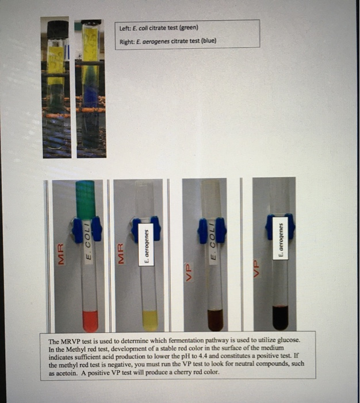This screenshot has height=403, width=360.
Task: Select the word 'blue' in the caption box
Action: click(x=206, y=41)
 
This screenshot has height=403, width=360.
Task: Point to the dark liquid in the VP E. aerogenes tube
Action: click(x=280, y=317)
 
